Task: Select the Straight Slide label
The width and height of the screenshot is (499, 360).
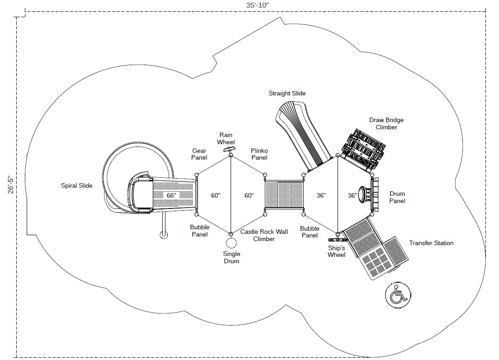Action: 287,94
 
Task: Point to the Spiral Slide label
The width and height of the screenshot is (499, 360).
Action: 77,185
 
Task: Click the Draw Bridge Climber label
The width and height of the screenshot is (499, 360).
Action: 386,123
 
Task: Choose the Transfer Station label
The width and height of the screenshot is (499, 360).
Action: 431,243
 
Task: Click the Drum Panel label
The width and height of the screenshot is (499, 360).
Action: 397,198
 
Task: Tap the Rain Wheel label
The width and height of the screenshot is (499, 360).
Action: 226,138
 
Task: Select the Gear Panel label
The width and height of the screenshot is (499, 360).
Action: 199,154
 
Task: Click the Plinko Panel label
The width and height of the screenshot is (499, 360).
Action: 259,154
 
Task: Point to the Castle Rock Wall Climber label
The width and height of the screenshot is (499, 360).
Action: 264,235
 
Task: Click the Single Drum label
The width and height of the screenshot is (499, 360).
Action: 231,257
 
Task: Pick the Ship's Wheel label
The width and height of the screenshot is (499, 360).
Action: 337,251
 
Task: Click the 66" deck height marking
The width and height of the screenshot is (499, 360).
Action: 171,195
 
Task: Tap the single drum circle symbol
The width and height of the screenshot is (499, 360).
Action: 231,243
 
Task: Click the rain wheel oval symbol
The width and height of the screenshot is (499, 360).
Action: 230,149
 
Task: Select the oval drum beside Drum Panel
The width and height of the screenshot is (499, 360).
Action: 364,195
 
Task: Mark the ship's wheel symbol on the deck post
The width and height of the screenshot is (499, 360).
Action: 337,235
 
